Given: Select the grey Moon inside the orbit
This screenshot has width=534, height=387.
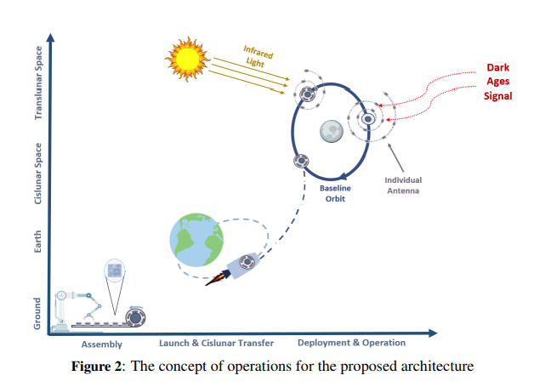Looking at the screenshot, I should click(332, 131).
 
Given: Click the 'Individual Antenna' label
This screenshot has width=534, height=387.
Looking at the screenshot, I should click(403, 185).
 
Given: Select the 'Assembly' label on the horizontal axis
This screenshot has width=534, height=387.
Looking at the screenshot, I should click(102, 344).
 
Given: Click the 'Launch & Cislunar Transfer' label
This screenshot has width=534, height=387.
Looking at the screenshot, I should click(216, 343).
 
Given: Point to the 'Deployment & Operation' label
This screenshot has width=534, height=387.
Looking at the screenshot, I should click(351, 343).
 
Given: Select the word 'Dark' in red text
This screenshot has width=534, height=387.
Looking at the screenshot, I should click(498, 68).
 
